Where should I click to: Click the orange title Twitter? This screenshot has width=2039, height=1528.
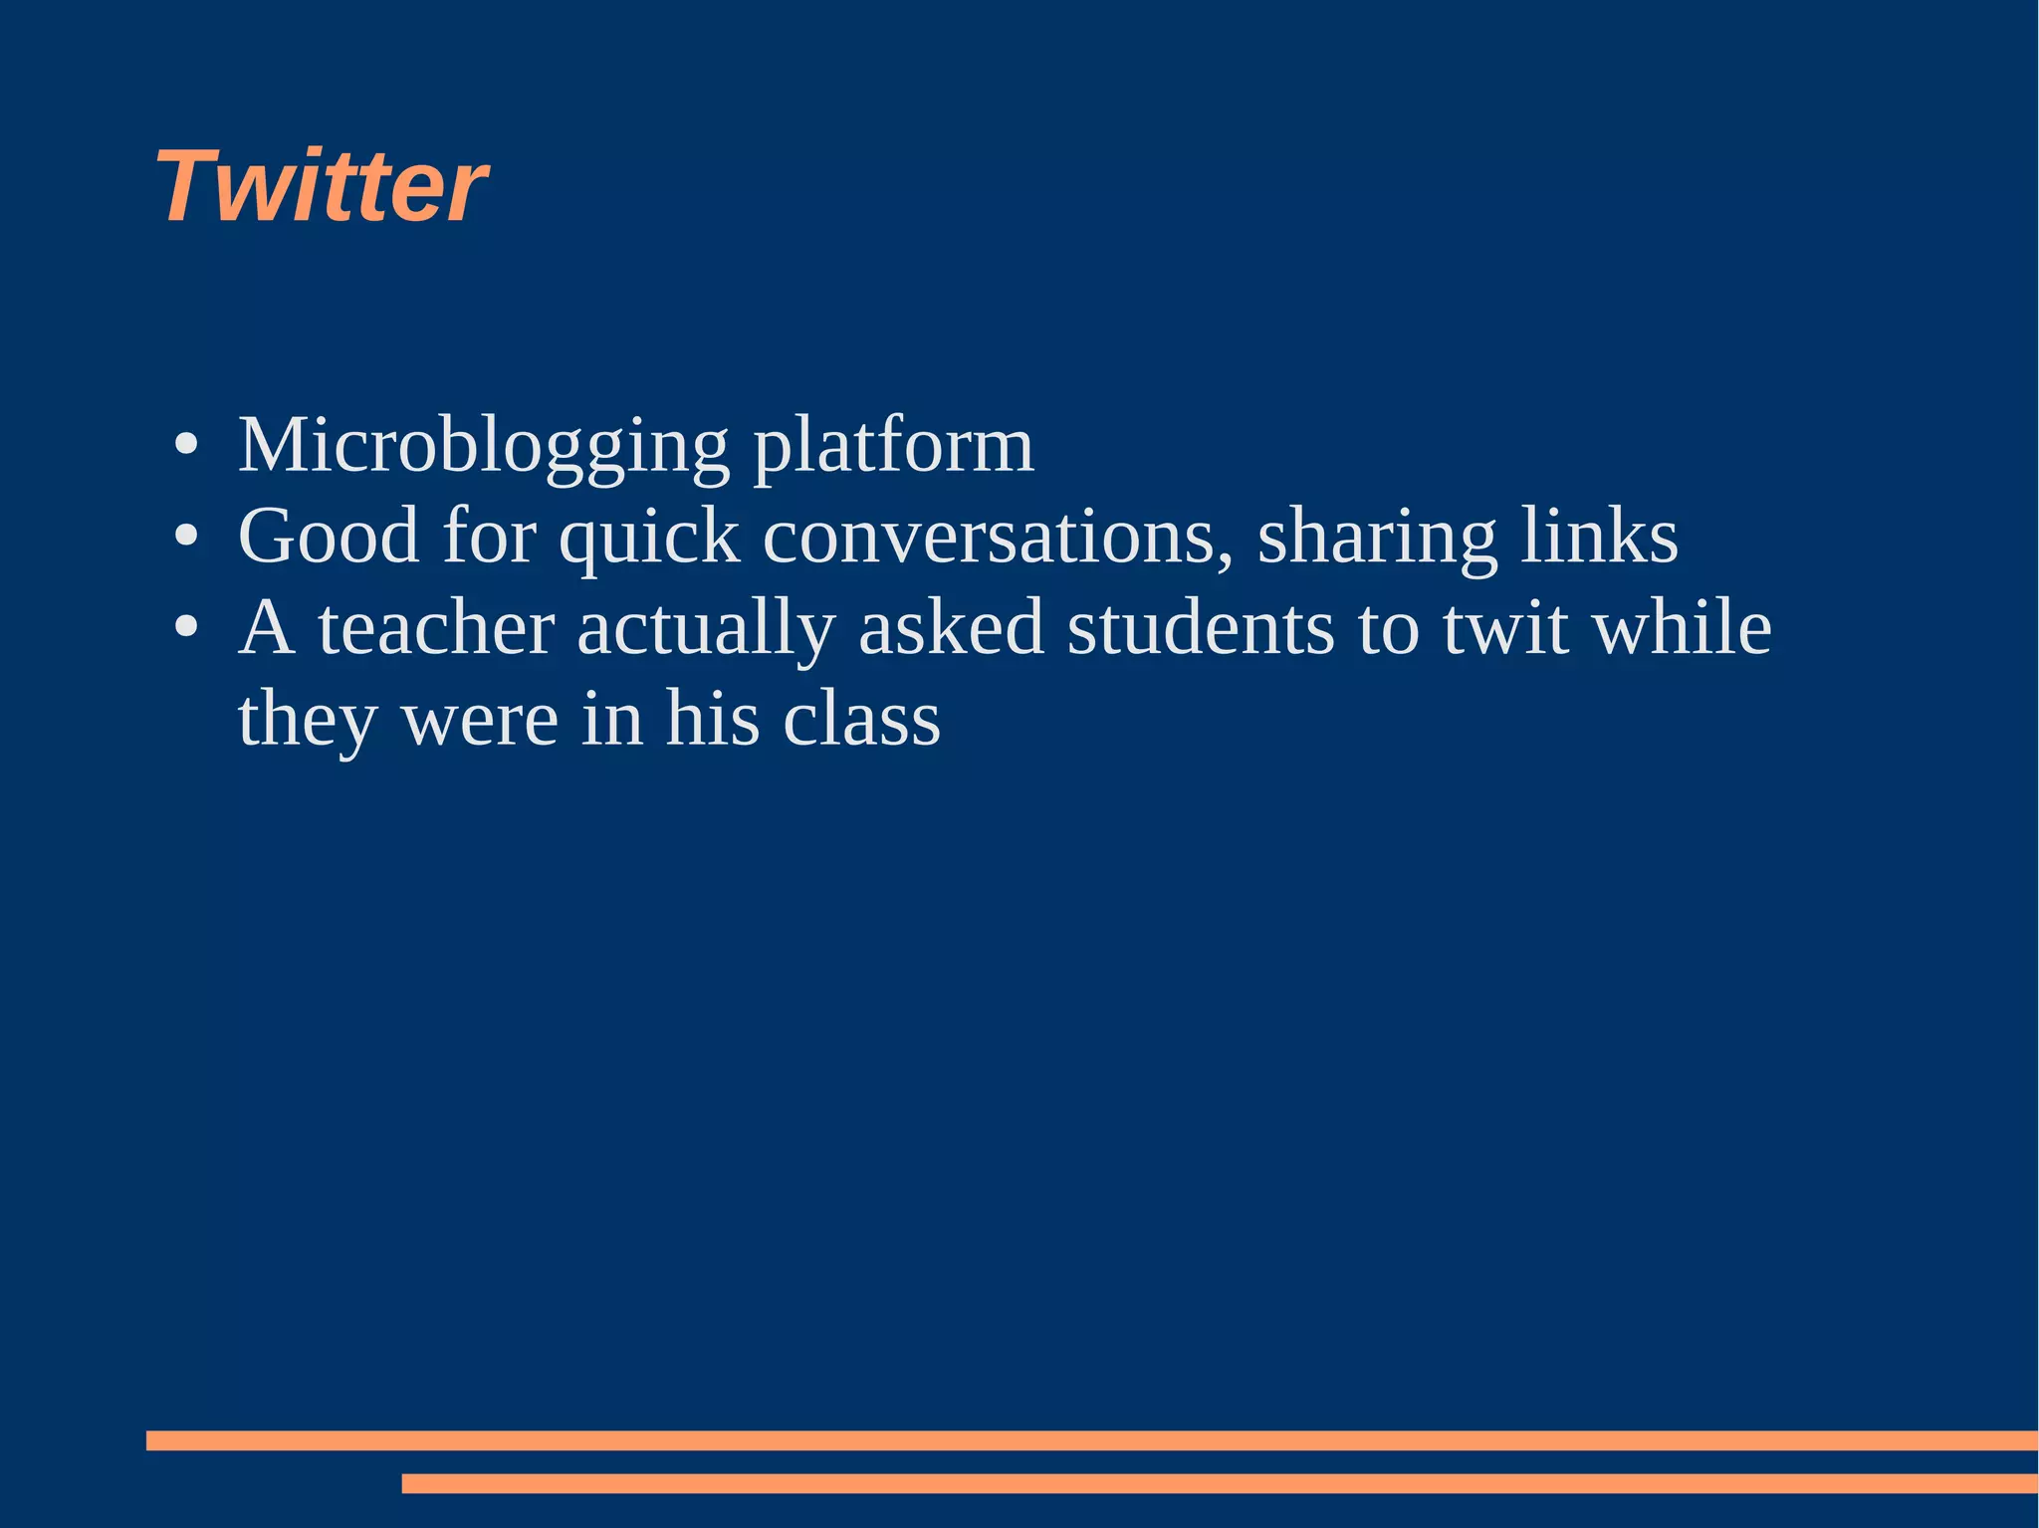pyautogui.click(x=322, y=186)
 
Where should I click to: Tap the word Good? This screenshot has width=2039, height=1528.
pyautogui.click(x=329, y=537)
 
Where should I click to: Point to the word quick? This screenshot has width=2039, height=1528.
pyautogui.click(x=649, y=537)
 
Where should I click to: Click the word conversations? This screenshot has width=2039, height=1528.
pyautogui.click(x=998, y=537)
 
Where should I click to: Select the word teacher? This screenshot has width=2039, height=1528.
pyautogui.click(x=436, y=628)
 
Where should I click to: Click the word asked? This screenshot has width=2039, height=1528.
pyautogui.click(x=951, y=628)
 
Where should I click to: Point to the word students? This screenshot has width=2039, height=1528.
pyautogui.click(x=1201, y=628)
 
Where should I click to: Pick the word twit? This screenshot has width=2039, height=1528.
pyautogui.click(x=1505, y=628)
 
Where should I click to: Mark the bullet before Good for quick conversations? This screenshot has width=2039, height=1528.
pyautogui.click(x=185, y=537)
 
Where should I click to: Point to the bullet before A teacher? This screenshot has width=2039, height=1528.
pyautogui.click(x=185, y=628)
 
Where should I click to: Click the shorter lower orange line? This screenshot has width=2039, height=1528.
pyautogui.click(x=1220, y=1483)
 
